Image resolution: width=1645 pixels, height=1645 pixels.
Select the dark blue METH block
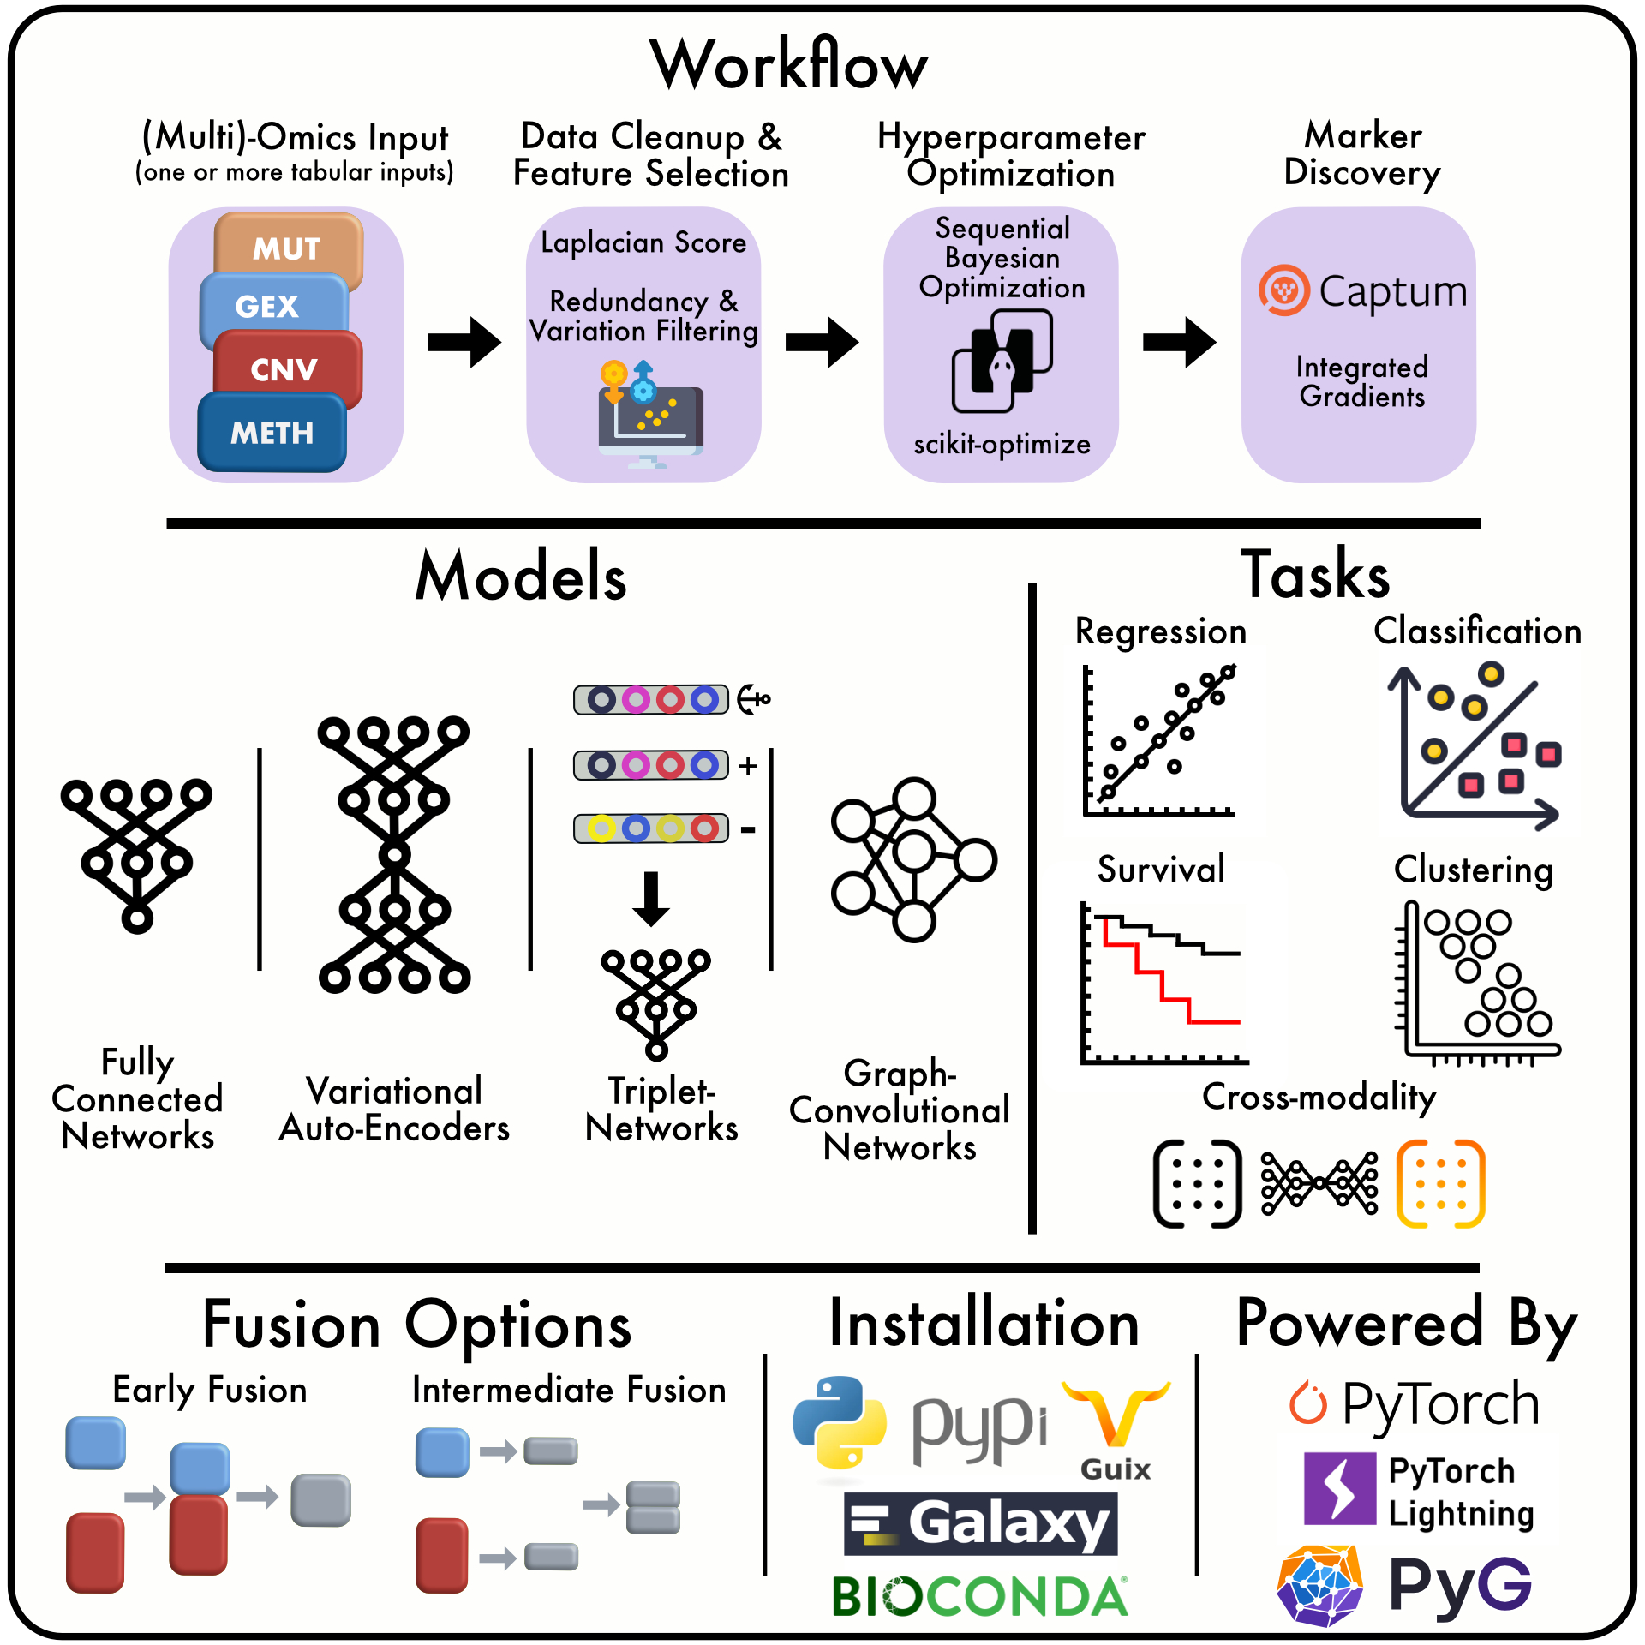tap(272, 433)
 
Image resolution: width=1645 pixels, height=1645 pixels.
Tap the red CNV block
tap(286, 368)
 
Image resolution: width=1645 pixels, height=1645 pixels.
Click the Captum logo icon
tap(1283, 290)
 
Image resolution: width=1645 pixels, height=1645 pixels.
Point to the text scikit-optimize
tap(1002, 444)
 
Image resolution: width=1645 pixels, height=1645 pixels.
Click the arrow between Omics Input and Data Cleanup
tap(464, 342)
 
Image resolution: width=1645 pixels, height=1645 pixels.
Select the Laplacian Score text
tap(643, 242)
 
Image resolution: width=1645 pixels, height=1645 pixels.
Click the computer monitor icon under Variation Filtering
tap(650, 420)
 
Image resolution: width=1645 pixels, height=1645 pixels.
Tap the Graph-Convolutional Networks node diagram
tap(912, 859)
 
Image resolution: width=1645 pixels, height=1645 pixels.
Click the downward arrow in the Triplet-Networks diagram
tap(651, 899)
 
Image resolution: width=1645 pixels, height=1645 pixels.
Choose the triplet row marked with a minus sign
tap(651, 828)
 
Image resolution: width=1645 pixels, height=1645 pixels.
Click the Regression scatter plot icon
tap(1160, 741)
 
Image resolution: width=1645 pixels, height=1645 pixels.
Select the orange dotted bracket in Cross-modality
tap(1440, 1183)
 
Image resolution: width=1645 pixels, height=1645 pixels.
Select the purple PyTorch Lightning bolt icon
tap(1339, 1488)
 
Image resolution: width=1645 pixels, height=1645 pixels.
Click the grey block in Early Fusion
tap(320, 1499)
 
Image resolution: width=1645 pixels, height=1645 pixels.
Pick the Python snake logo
tap(839, 1421)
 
